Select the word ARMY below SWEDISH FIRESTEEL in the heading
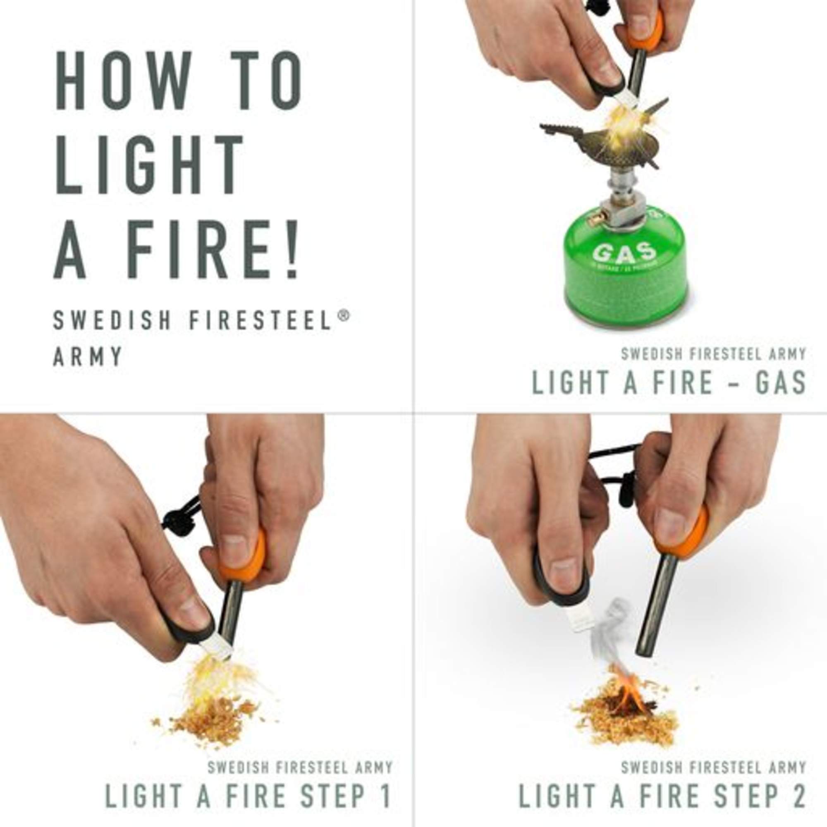click(x=88, y=356)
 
